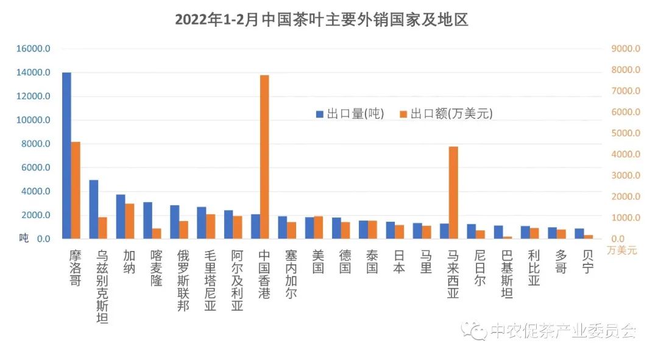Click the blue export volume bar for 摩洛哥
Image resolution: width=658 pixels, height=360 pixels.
66,155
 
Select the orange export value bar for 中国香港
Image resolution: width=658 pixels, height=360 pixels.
264,157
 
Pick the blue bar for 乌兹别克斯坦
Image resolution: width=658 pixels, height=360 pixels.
94,209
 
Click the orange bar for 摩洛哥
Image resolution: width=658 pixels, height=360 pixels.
76,190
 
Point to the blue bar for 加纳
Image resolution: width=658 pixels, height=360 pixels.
121,216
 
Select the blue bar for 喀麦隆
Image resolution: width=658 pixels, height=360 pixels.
147,220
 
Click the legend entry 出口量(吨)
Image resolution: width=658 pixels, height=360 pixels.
350,113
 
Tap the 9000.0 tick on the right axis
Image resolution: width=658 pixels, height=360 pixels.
625,49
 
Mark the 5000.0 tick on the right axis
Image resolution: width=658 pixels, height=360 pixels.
625,133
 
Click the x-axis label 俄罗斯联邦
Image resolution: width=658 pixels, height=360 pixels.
183,280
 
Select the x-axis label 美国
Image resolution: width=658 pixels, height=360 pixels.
317,261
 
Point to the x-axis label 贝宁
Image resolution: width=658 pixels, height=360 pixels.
588,261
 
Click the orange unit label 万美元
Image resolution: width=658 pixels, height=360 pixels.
621,250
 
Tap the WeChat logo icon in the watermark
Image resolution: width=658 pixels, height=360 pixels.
473,331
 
